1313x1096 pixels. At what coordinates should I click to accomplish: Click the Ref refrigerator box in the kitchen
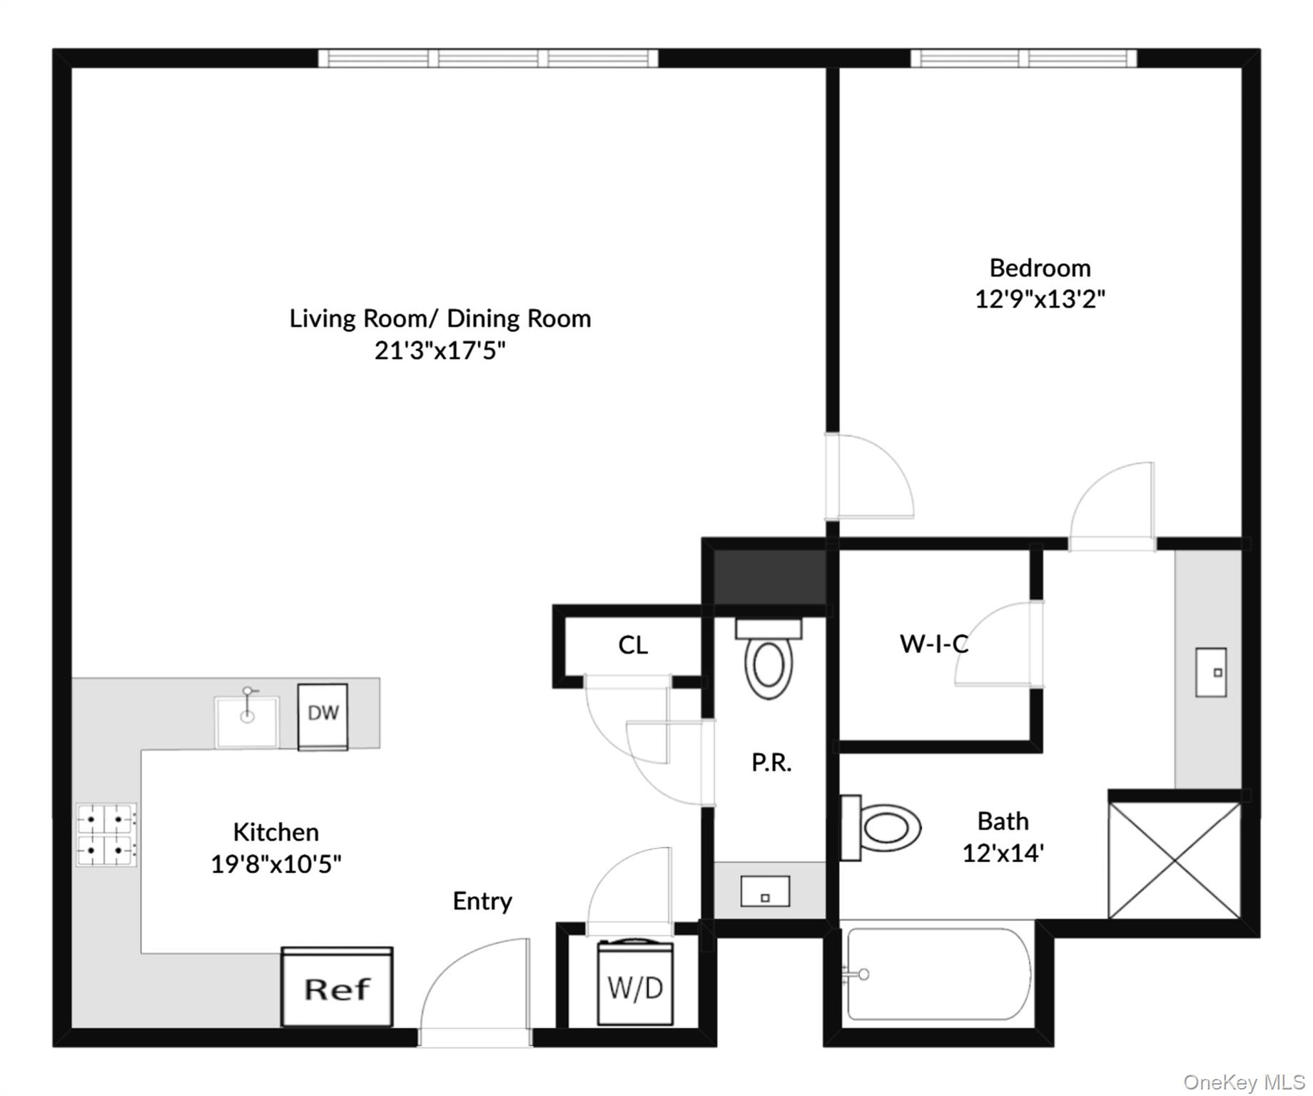pyautogui.click(x=337, y=987)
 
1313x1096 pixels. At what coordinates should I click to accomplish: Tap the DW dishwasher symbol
pyautogui.click(x=323, y=716)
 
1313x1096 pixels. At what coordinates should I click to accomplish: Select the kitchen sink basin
pyautogui.click(x=247, y=721)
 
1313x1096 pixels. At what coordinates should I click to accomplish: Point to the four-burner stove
pyautogui.click(x=106, y=835)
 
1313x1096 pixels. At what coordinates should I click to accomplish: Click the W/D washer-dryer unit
pyautogui.click(x=635, y=983)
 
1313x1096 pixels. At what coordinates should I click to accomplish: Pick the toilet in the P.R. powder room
pyautogui.click(x=769, y=659)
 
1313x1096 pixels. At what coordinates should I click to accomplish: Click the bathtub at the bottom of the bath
pyautogui.click(x=938, y=975)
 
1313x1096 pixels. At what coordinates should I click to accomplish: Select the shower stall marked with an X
pyautogui.click(x=1175, y=860)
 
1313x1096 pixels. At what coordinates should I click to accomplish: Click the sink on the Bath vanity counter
pyautogui.click(x=1211, y=672)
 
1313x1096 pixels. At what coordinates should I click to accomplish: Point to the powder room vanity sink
pyautogui.click(x=765, y=892)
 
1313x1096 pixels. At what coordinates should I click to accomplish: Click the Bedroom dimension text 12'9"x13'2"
pyautogui.click(x=1040, y=298)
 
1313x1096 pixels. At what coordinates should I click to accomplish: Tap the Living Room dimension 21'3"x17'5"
pyautogui.click(x=440, y=350)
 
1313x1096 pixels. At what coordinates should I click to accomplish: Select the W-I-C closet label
pyautogui.click(x=934, y=644)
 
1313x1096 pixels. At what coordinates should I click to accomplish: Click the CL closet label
pyautogui.click(x=633, y=645)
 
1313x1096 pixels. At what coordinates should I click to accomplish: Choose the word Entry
pyautogui.click(x=482, y=901)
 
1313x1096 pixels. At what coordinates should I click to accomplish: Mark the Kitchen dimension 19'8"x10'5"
pyautogui.click(x=276, y=864)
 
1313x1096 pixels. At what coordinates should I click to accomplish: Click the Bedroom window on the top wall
pyautogui.click(x=1023, y=58)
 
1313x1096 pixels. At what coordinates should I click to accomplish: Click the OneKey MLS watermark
pyautogui.click(x=1244, y=1082)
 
